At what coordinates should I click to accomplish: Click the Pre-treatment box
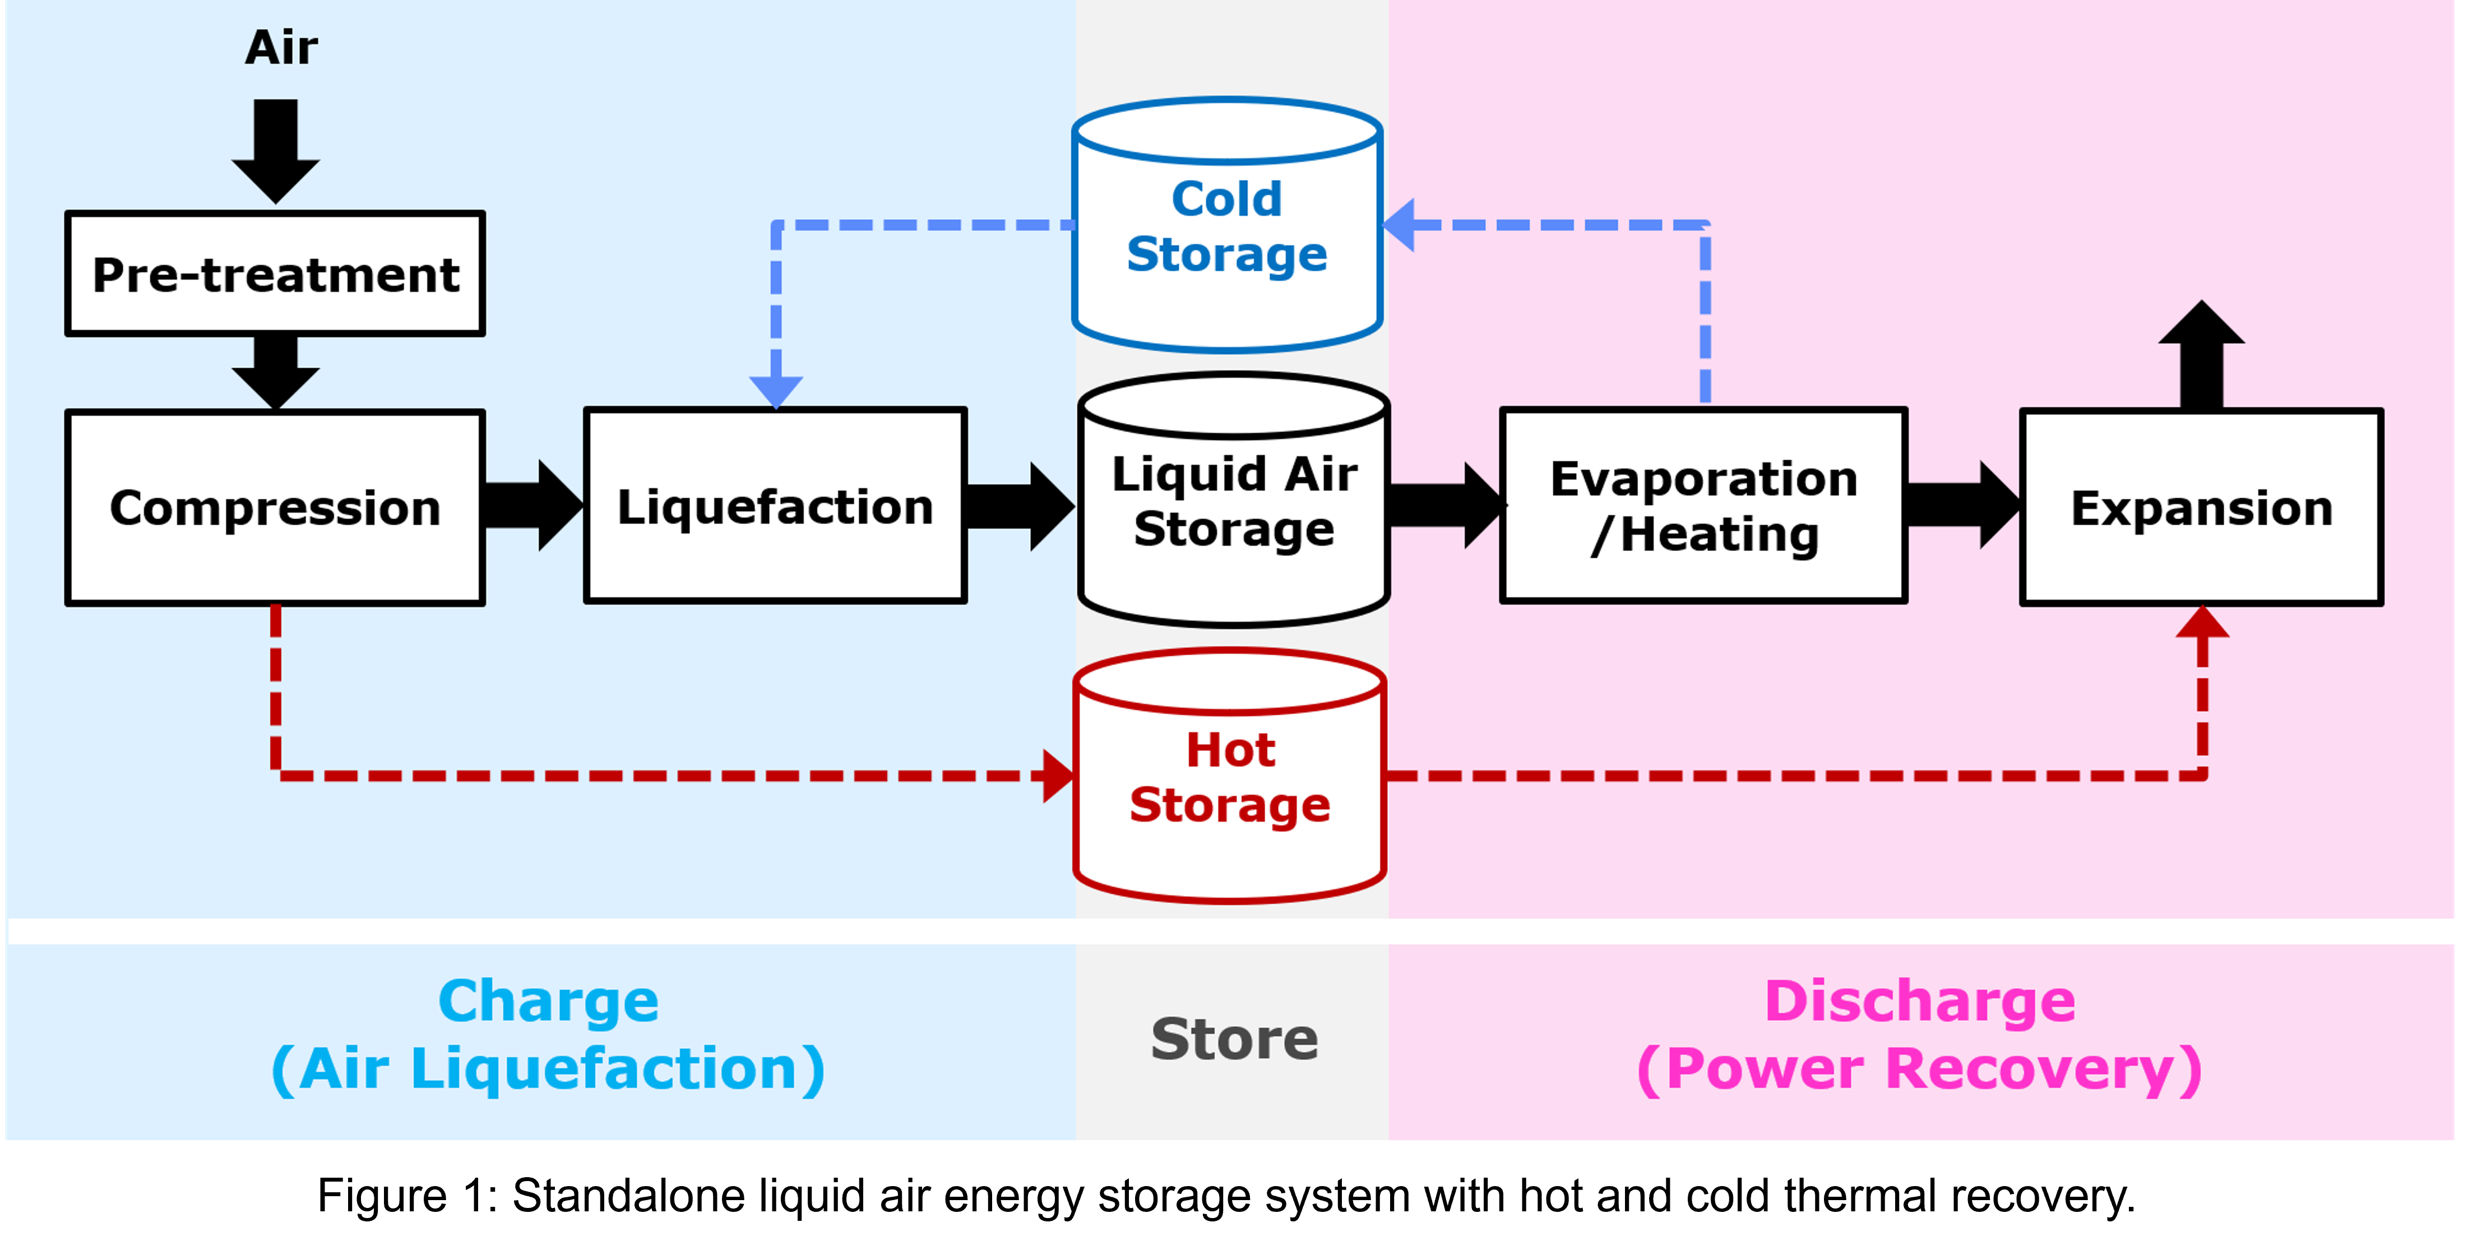(275, 274)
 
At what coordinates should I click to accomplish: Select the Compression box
(275, 508)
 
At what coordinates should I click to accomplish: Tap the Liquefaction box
(775, 506)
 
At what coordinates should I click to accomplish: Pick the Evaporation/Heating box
(1703, 506)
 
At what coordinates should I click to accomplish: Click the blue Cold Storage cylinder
(1228, 226)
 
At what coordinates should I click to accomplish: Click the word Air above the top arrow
(281, 47)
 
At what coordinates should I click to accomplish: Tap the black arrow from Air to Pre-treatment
(276, 149)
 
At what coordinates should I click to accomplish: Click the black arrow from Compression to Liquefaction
(533, 506)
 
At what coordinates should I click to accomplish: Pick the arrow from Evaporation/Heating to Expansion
(1962, 506)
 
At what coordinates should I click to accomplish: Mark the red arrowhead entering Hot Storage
(1059, 776)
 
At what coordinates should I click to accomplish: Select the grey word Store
(1234, 1039)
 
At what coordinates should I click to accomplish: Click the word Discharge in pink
(1920, 1002)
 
